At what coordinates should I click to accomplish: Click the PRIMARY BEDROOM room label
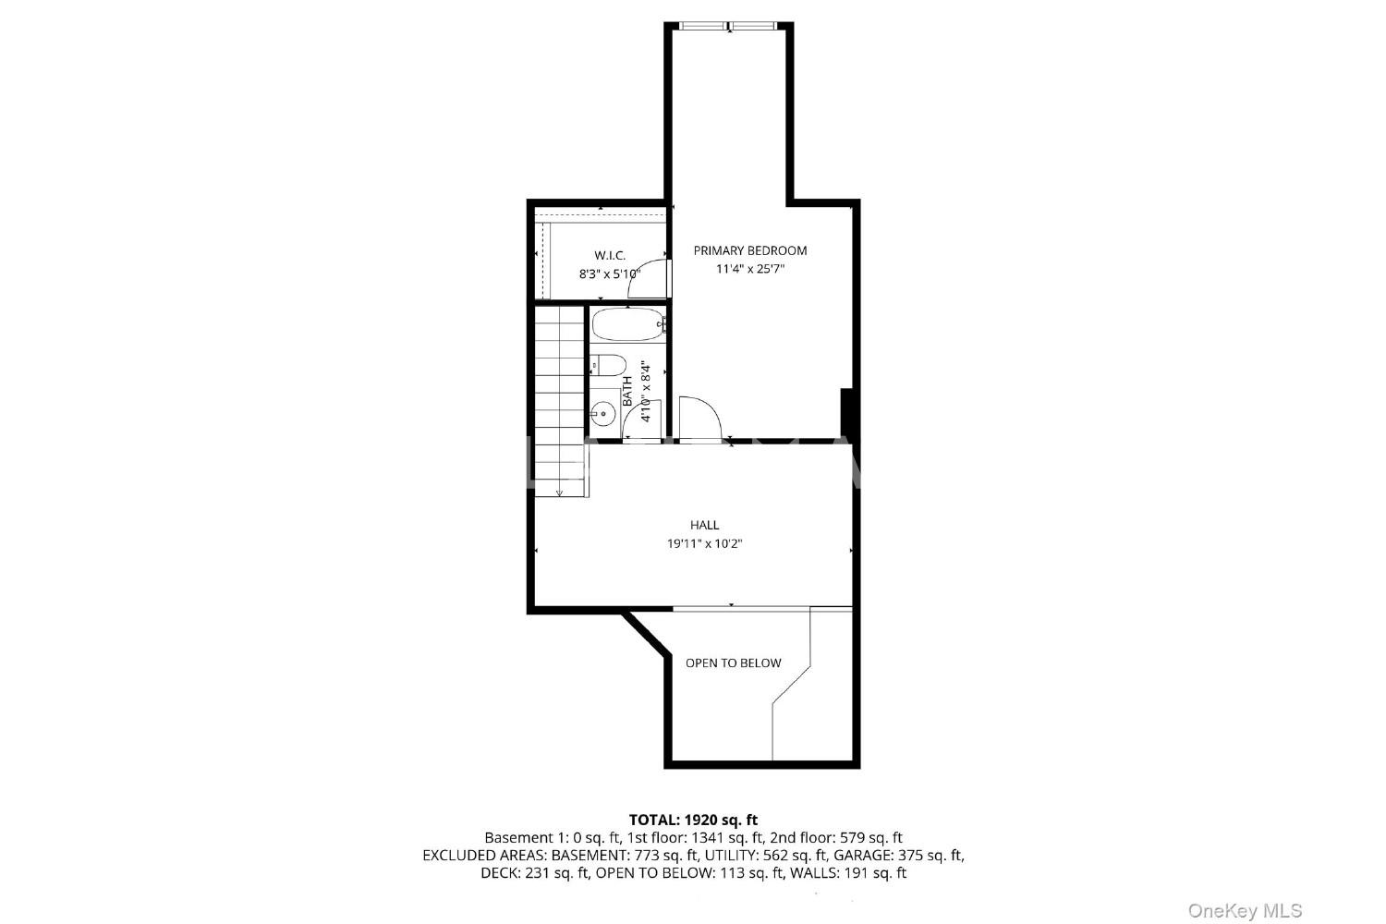tap(750, 250)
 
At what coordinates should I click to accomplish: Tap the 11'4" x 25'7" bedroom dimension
tap(750, 269)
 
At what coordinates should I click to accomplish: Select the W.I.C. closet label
tap(610, 255)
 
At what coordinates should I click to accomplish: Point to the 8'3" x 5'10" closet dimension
tap(610, 274)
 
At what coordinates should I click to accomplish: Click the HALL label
tap(705, 526)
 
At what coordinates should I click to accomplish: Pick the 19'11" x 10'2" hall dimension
tap(705, 544)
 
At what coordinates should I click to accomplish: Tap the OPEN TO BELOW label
tap(734, 663)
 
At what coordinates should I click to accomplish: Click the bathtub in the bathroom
tap(628, 324)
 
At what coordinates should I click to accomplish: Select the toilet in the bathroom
tap(608, 365)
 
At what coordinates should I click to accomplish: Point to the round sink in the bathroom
tap(602, 413)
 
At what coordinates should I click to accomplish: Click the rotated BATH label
tap(627, 391)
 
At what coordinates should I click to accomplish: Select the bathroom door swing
tap(641, 420)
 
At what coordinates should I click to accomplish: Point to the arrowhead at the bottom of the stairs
tap(559, 492)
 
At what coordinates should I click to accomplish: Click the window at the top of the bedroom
tap(728, 26)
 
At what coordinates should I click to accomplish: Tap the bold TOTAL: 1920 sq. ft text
tap(693, 820)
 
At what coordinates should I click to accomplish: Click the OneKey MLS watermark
tap(1245, 911)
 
